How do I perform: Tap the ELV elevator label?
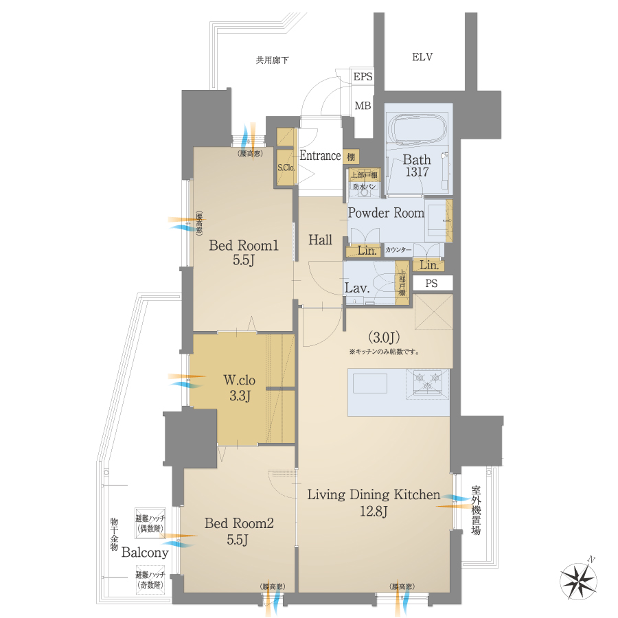click(422, 57)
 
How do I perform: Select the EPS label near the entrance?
click(363, 77)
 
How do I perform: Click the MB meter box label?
click(363, 106)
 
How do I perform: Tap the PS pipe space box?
click(431, 283)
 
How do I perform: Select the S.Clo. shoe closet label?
click(286, 168)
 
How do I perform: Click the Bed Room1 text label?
click(243, 246)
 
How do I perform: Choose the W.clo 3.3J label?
click(240, 387)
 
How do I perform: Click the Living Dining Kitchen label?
click(373, 494)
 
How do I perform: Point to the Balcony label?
click(146, 553)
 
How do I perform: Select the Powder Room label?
click(386, 213)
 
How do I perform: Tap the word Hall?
click(320, 240)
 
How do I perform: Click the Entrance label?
click(320, 156)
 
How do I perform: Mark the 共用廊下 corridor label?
click(272, 60)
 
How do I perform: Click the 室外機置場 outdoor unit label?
click(476, 512)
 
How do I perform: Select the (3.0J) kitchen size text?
click(383, 337)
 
